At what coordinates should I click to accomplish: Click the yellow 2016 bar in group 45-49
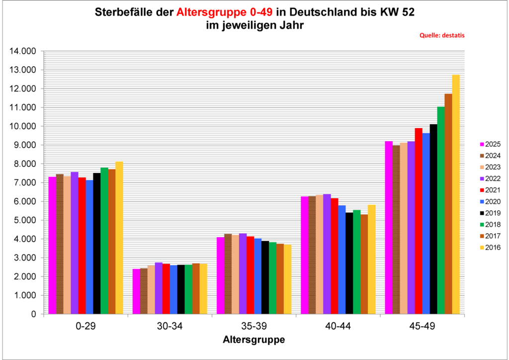click(456, 194)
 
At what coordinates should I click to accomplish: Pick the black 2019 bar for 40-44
click(349, 263)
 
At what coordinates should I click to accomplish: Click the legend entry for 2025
click(490, 144)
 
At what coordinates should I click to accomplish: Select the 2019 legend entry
click(490, 213)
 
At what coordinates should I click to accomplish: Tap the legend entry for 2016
click(490, 247)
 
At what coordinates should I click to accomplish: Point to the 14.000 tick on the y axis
click(23, 51)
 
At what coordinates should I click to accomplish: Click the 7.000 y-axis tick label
click(25, 182)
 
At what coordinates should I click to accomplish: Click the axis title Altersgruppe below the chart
click(254, 341)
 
